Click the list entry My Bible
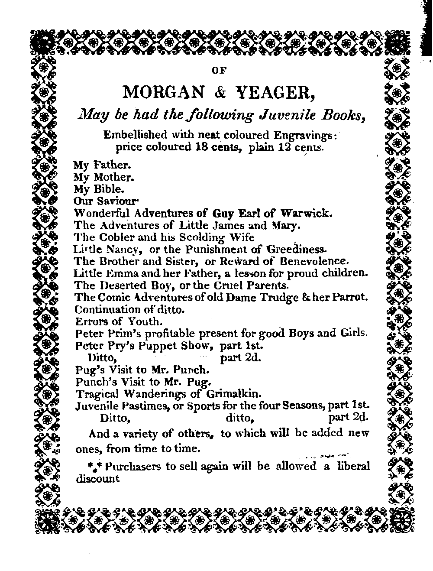(99, 189)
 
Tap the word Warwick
(307, 213)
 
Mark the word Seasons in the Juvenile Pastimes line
(303, 406)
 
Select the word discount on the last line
(97, 479)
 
